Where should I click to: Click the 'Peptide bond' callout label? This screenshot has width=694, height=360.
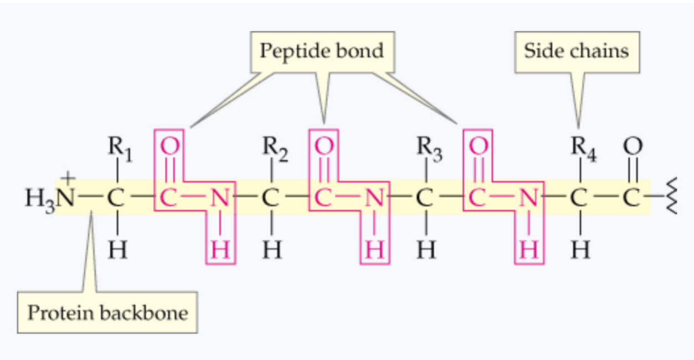click(x=322, y=52)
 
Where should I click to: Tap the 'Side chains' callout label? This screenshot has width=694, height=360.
click(x=577, y=52)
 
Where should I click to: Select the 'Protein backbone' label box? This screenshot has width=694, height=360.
click(x=107, y=313)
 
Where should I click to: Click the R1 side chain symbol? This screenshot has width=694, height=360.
click(x=119, y=148)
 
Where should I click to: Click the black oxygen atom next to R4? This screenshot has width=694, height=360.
click(x=633, y=146)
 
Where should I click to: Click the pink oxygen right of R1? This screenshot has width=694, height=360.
click(x=170, y=146)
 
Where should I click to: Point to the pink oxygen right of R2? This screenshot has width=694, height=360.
click(x=325, y=146)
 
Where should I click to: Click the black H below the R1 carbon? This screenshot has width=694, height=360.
click(x=117, y=251)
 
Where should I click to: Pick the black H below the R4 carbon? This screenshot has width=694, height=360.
click(x=580, y=251)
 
